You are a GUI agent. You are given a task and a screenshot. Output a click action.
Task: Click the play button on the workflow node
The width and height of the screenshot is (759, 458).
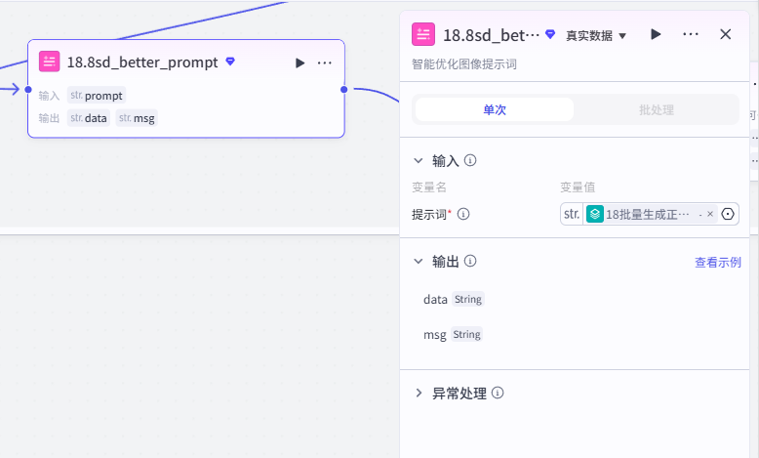tap(300, 63)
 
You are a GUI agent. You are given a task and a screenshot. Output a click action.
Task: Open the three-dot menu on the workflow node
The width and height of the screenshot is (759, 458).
tap(324, 63)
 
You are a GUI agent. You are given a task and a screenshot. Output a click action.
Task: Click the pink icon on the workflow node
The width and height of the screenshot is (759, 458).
tap(50, 62)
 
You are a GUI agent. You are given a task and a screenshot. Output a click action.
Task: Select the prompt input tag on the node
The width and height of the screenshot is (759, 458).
tap(97, 96)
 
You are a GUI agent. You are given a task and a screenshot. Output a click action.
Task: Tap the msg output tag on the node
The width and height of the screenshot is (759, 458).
tap(137, 118)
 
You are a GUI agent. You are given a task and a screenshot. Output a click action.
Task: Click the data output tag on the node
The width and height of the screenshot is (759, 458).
tap(89, 118)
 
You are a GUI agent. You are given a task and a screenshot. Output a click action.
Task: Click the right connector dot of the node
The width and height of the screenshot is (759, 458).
tap(344, 89)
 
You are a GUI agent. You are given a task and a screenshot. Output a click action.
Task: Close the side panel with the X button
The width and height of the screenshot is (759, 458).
tap(725, 34)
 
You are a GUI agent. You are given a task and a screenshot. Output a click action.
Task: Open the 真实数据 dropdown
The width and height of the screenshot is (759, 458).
tap(596, 35)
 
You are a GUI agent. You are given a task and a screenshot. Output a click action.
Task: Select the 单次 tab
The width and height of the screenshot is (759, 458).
tap(495, 109)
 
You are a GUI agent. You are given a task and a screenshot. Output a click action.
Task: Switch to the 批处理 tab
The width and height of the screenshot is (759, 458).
tap(657, 109)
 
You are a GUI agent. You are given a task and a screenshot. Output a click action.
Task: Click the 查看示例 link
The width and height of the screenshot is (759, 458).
tap(718, 262)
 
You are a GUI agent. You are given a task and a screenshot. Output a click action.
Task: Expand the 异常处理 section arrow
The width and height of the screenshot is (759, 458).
tap(419, 393)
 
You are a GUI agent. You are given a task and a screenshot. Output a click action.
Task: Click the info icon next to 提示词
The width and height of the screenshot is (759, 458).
tap(463, 214)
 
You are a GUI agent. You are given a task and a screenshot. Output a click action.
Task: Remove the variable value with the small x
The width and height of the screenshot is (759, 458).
tap(710, 214)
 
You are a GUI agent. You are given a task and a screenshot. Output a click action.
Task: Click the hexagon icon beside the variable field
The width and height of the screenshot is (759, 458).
tap(728, 214)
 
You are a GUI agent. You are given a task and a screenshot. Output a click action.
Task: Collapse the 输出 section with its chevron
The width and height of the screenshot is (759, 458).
tap(419, 262)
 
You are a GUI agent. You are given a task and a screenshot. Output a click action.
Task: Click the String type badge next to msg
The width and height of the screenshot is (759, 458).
tap(466, 334)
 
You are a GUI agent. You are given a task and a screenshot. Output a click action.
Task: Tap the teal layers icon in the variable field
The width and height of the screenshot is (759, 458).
tap(595, 214)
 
